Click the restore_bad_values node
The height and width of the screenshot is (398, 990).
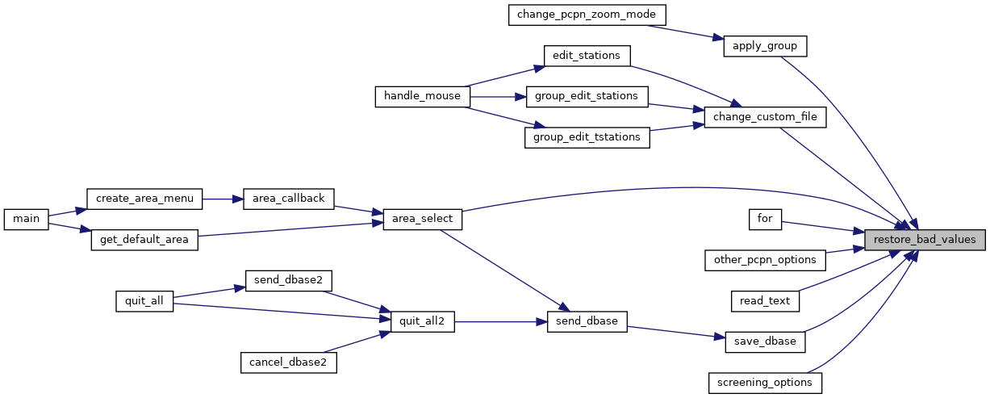click(925, 240)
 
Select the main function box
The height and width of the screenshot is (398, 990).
click(26, 220)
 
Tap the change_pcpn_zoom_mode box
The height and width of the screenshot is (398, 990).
click(587, 15)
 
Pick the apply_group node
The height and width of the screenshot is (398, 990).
click(765, 47)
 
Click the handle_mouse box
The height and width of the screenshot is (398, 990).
click(423, 96)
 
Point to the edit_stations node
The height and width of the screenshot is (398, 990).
click(587, 57)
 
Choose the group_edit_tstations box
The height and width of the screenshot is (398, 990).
click(587, 137)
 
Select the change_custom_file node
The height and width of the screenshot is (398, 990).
click(765, 117)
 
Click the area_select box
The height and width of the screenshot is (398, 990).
click(423, 220)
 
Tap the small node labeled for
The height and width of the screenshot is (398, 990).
click(765, 220)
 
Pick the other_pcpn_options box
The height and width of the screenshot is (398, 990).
click(765, 260)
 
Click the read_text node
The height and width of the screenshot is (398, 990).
click(765, 301)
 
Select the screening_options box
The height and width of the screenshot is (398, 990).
click(765, 383)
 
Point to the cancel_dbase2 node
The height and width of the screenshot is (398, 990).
click(289, 362)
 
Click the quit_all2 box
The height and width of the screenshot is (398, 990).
click(423, 321)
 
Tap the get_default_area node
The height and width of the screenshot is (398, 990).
click(144, 240)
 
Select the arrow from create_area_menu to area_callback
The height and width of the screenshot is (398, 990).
click(223, 199)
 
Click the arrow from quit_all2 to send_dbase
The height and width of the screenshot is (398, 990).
click(501, 322)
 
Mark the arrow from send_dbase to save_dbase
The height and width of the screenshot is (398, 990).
click(676, 333)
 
